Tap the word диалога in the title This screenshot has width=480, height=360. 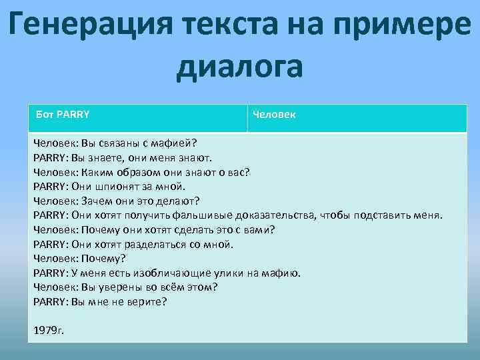click(240, 67)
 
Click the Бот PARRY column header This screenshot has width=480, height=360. click(63, 114)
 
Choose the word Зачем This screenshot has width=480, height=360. click(97, 200)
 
